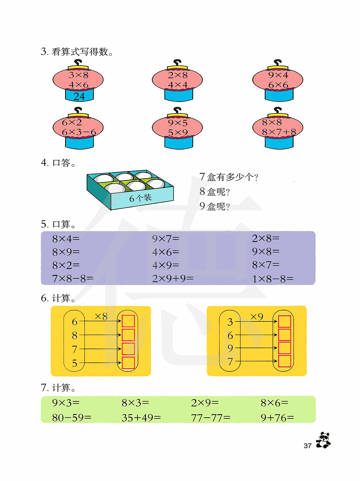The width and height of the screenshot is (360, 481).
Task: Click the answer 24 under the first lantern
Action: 79,96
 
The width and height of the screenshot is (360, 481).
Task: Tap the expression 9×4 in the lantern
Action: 278,75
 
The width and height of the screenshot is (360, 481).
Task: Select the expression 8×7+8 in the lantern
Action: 279,132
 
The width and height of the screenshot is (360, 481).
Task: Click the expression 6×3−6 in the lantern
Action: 79,132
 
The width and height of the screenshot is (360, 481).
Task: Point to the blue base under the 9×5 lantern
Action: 179,143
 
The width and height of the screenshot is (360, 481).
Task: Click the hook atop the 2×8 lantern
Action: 177,63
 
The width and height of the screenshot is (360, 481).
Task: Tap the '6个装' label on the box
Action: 140,198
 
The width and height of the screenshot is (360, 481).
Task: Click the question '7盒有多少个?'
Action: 229,177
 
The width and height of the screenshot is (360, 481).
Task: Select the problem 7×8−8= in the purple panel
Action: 73,278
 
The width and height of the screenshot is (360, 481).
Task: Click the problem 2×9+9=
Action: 173,278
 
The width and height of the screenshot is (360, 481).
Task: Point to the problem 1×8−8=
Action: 273,279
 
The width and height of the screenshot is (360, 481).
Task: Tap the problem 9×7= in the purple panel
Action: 166,238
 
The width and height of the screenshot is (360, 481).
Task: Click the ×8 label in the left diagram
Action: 101,316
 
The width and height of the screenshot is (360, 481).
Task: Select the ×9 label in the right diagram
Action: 257,316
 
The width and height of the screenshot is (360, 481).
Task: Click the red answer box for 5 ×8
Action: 128,363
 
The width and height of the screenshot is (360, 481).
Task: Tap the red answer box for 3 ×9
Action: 284,322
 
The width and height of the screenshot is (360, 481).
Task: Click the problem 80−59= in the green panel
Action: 72,418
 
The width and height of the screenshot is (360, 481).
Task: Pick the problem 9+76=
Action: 277,418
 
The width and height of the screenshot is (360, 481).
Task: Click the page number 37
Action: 307,446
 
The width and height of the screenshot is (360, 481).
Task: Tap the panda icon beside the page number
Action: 323,440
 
